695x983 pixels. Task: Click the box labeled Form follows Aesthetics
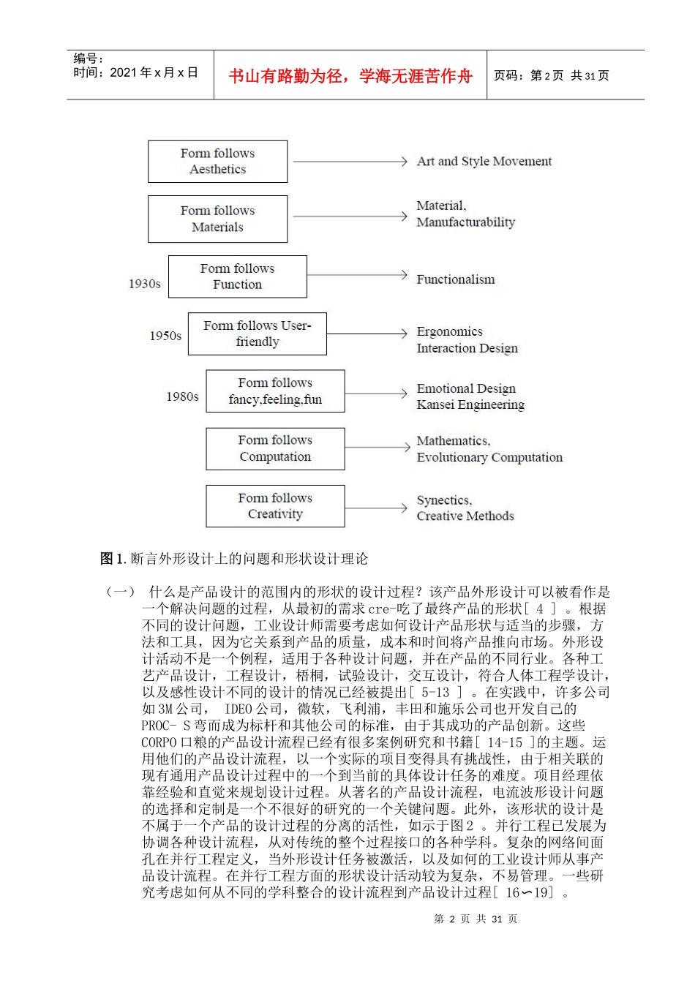[x=217, y=162]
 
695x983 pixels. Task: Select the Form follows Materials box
[x=217, y=219]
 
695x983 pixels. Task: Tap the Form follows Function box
[x=237, y=276]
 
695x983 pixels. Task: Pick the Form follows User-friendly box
[x=257, y=334]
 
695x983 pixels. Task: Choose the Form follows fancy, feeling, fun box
[x=275, y=391]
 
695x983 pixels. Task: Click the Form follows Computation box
[x=275, y=448]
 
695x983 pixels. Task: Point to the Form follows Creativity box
[x=275, y=506]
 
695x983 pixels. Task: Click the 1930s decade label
[x=144, y=284]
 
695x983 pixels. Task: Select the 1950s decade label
[x=165, y=336]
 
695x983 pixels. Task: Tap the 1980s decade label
[x=182, y=396]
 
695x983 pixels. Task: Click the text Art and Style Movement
[x=484, y=162]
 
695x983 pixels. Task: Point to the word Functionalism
[x=455, y=279]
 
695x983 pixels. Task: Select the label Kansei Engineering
[x=470, y=404]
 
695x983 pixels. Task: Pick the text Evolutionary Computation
[x=489, y=457]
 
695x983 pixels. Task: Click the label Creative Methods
[x=465, y=516]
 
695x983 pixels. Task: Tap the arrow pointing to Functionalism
[x=356, y=275]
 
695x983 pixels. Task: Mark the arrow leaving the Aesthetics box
[x=348, y=161]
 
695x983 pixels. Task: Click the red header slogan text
[x=350, y=76]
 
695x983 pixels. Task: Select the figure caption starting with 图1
[x=234, y=559]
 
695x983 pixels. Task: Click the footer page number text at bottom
[x=476, y=919]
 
